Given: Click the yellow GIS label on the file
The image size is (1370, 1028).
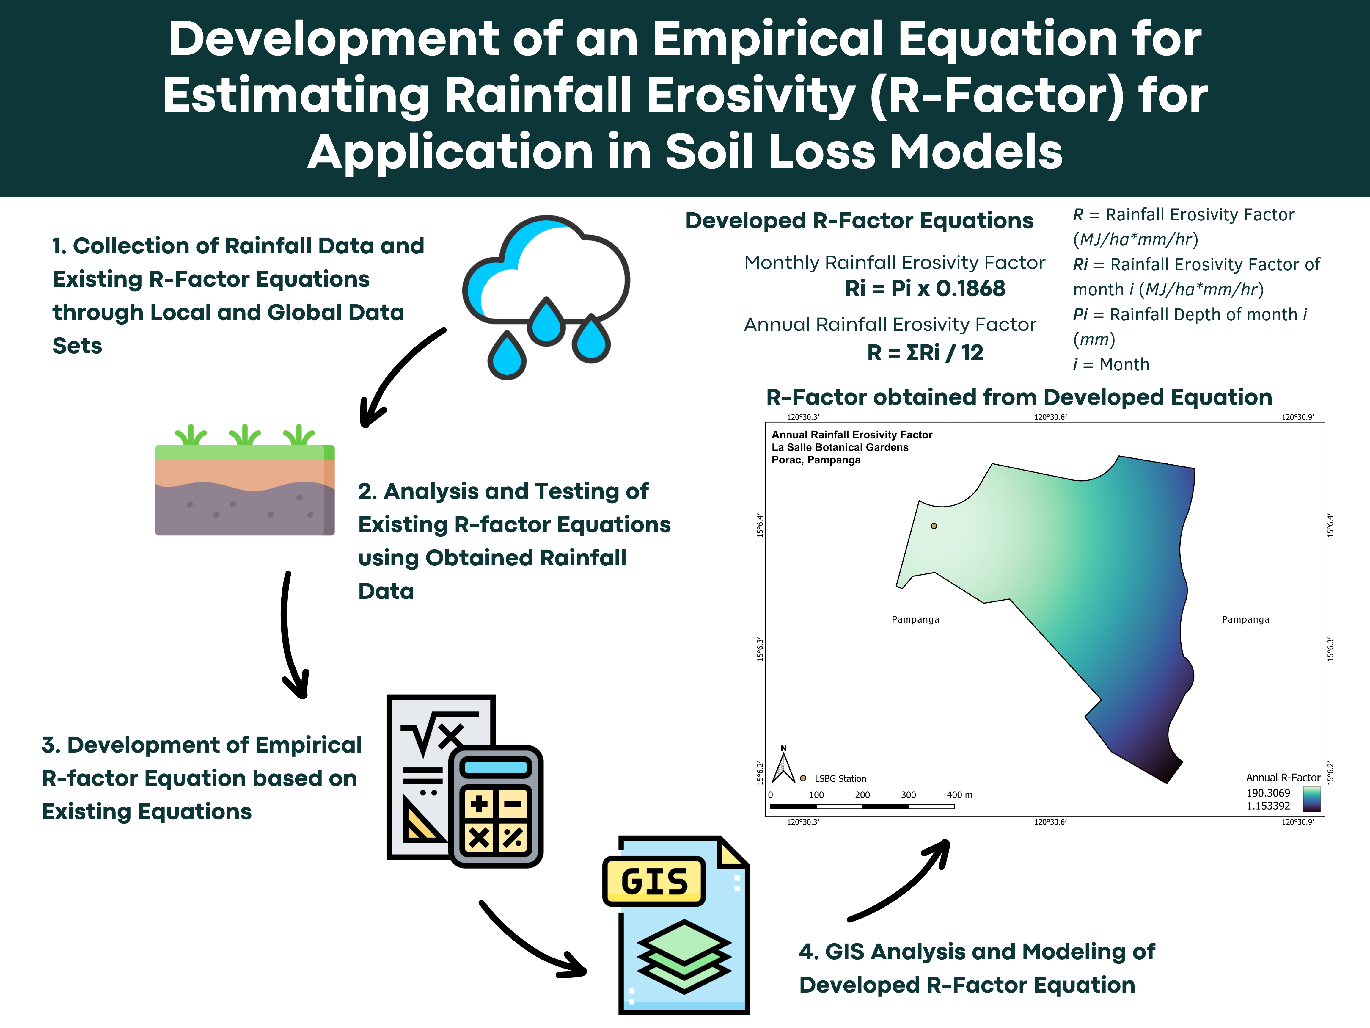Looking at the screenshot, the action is coord(654,881).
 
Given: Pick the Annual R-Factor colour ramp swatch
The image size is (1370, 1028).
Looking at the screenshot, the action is coord(1312,799).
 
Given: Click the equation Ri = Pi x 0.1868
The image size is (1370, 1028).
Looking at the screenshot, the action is coord(925,289).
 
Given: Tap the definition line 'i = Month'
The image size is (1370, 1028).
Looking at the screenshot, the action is coord(1111,364).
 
